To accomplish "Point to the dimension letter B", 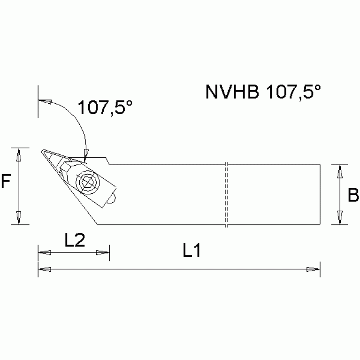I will (x=353, y=195).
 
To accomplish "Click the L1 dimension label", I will (x=191, y=251).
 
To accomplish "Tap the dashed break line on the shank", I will (x=226, y=194).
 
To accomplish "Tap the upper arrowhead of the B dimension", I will (x=340, y=171).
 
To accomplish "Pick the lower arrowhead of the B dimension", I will (x=340, y=218).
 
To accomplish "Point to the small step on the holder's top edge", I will (x=108, y=161).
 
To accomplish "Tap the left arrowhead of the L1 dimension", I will (x=44, y=269).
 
